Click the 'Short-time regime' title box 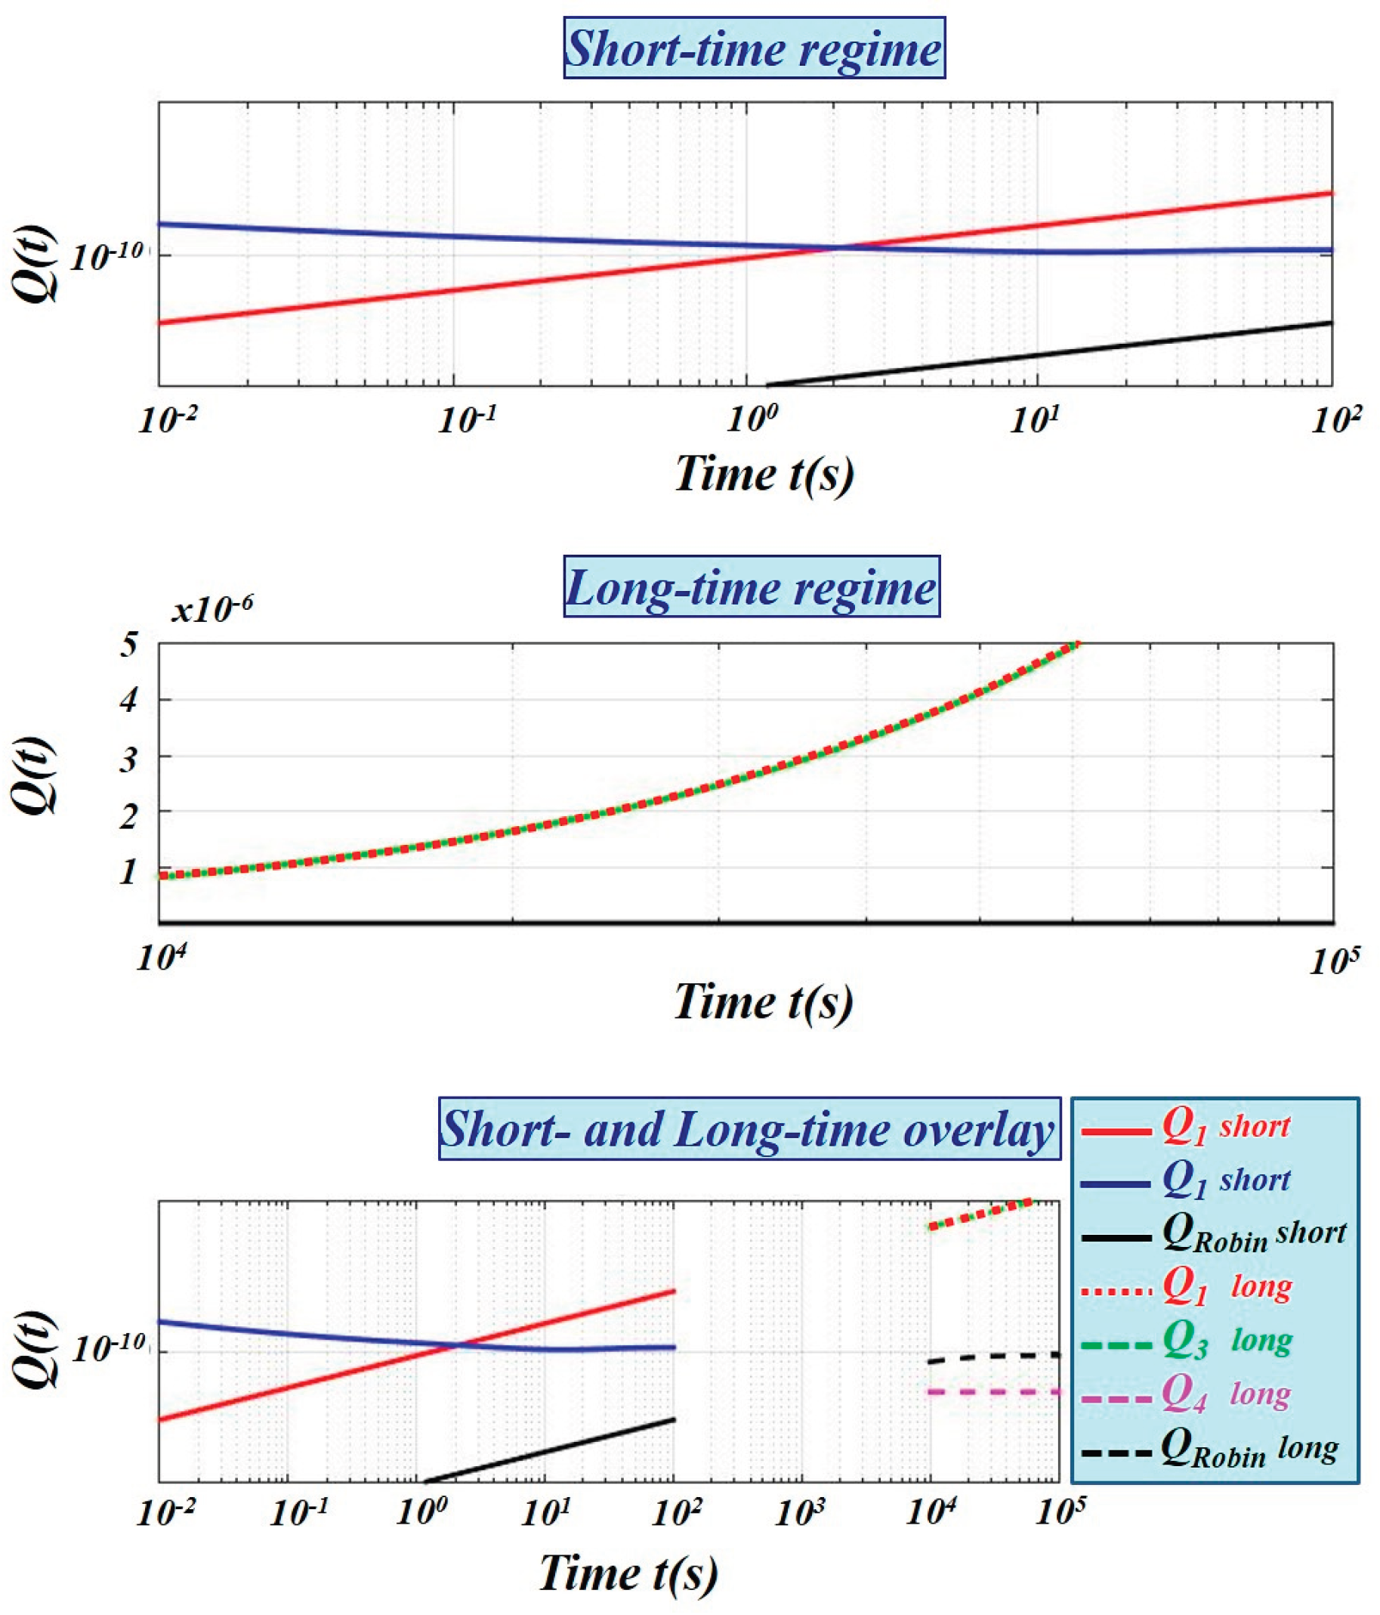754,48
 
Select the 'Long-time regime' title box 751,587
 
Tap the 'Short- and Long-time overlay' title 748,1128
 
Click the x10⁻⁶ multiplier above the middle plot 212,610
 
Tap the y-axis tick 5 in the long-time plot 129,645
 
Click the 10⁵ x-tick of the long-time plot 1334,962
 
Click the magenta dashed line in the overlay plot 993,1392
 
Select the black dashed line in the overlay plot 993,1357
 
